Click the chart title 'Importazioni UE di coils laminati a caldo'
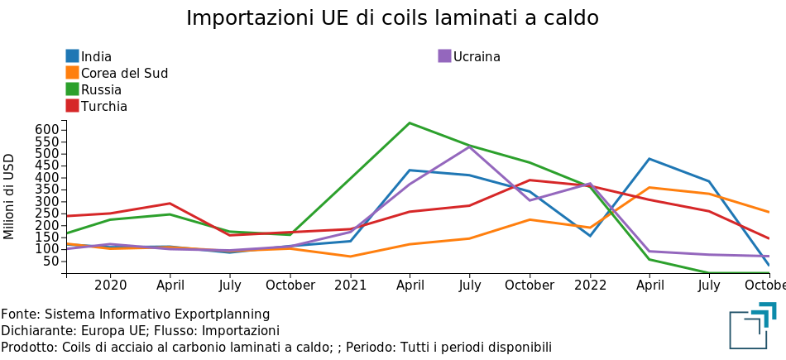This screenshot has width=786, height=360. click(x=392, y=18)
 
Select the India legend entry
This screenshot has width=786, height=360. click(x=96, y=57)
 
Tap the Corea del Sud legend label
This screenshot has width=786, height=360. click(x=124, y=74)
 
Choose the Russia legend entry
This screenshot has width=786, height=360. click(x=101, y=90)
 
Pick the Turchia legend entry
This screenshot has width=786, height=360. click(x=103, y=107)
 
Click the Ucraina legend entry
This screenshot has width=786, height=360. click(x=477, y=57)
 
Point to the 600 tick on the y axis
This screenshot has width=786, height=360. click(x=48, y=130)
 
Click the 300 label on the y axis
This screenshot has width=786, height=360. click(x=48, y=202)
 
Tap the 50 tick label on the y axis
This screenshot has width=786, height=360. click(x=51, y=262)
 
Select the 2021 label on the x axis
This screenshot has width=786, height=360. click(x=350, y=286)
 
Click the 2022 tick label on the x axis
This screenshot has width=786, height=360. click(x=590, y=286)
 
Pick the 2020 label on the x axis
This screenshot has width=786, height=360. click(x=110, y=286)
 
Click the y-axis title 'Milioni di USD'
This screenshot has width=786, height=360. click(x=10, y=196)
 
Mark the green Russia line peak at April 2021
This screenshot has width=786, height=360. click(x=410, y=123)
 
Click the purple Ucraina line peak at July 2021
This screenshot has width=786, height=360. click(x=470, y=146)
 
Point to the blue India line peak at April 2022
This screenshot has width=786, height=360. click(x=649, y=159)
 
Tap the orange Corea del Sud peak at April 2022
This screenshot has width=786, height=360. click(x=649, y=187)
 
